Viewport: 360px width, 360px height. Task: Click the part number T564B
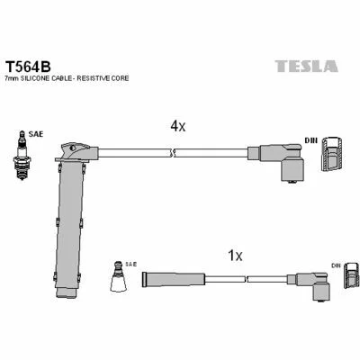tap(29, 67)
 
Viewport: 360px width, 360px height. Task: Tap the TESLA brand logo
tap(307, 66)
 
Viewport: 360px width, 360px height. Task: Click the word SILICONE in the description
tap(33, 78)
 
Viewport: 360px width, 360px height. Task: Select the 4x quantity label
tap(178, 127)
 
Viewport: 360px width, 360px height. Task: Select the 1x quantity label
tap(235, 256)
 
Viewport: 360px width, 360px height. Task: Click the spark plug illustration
tap(22, 156)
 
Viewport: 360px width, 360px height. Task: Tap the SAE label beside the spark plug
tap(36, 134)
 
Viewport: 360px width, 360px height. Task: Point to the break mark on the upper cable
tap(172, 153)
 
